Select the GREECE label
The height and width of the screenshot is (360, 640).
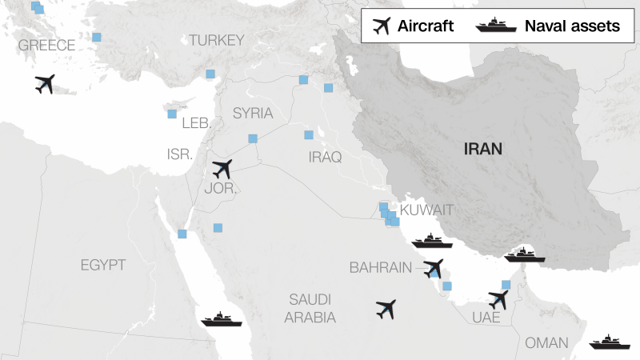point(46,45)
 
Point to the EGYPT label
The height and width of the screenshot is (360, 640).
point(103,265)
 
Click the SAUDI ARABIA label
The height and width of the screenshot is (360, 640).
point(310,308)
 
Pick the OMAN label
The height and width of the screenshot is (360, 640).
point(546,342)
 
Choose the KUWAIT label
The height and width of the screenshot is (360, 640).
point(426,210)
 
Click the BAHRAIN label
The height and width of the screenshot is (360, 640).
point(380,267)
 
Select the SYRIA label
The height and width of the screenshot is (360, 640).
point(253,114)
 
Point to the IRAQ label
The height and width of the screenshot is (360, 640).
point(325,158)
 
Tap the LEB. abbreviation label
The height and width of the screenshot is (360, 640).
point(197,123)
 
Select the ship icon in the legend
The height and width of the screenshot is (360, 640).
point(495,26)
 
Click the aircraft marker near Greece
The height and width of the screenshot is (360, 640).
point(46,83)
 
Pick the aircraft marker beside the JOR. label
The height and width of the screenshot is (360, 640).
point(222,170)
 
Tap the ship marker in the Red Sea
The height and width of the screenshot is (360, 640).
point(222,319)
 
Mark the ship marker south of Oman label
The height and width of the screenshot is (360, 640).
point(610,344)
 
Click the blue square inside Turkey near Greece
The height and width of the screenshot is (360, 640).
point(97,38)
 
